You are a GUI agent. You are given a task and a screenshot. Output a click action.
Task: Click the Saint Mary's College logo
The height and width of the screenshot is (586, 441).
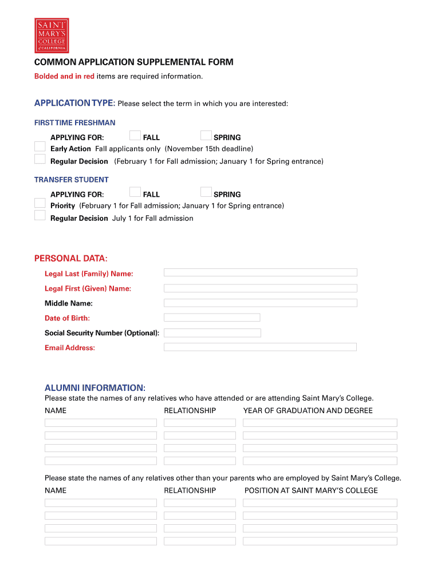coord(52,35)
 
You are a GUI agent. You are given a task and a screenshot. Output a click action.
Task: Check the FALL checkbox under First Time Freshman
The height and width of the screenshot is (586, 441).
coord(135,136)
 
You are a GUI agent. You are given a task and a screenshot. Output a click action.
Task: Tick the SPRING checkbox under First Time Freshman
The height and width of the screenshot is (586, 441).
coord(206,136)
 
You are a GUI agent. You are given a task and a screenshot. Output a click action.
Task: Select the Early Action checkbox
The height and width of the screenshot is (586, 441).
coord(40,148)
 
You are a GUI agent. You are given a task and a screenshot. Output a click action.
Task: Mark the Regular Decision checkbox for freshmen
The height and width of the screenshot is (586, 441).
coord(40,159)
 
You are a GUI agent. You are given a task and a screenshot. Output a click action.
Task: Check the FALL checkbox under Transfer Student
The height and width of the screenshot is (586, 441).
coord(135,192)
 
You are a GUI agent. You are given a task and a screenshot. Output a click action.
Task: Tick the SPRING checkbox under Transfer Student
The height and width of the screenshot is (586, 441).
coord(206,192)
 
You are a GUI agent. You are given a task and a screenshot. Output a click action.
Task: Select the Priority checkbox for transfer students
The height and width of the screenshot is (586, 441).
coord(40,203)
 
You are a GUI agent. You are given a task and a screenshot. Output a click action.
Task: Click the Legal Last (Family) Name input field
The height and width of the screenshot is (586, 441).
coord(260,272)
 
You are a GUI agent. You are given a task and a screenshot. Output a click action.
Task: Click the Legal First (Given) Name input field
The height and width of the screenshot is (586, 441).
coord(260,288)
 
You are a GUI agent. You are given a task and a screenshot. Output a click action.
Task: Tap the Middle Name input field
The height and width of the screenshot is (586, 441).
coord(260,303)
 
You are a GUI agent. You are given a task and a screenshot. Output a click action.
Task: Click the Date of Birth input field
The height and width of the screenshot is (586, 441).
coord(212,317)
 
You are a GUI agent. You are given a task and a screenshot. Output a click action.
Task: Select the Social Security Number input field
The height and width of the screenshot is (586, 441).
coord(212,332)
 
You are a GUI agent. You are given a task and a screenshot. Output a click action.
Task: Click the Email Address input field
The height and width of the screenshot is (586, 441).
coord(260,347)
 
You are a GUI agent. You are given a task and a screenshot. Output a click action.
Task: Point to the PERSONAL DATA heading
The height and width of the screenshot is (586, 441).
coord(71,259)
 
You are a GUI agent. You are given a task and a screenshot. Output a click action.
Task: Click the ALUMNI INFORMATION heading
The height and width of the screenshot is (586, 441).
coord(95,387)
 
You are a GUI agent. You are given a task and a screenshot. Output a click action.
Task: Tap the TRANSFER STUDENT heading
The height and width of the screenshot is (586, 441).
coord(71,180)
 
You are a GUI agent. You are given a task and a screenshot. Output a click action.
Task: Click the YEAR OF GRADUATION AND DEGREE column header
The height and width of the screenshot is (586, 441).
coord(308,410)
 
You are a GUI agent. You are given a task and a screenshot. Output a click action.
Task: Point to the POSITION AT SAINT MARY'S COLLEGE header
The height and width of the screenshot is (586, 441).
coord(311,490)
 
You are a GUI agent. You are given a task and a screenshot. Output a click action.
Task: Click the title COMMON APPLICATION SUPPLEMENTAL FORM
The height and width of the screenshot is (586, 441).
coord(133,62)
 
